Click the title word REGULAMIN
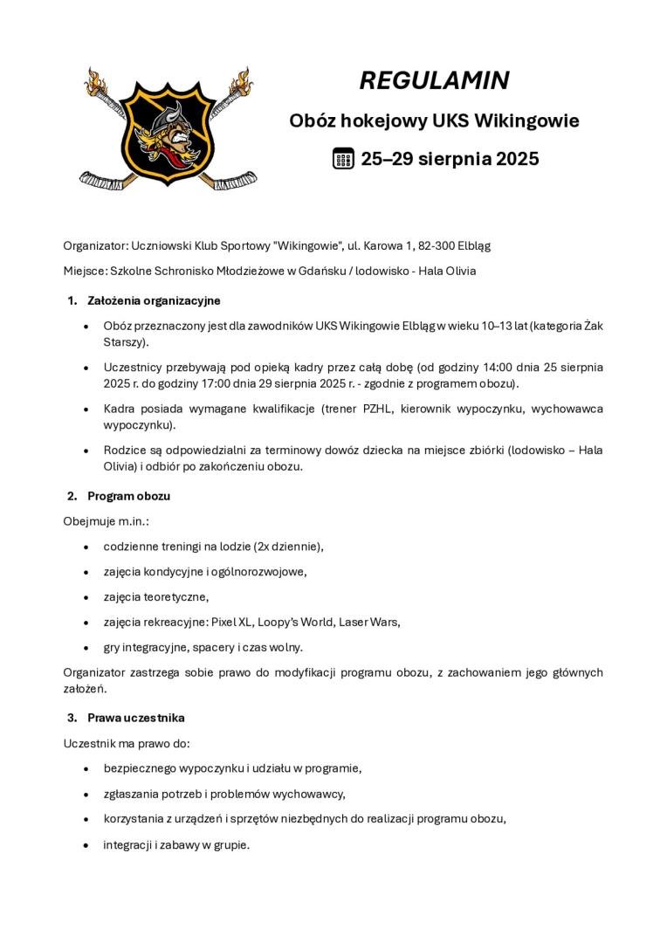434,80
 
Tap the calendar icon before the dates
343,158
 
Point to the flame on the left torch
98,78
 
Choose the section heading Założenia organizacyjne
154,300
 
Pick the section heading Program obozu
128,495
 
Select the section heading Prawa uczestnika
135,717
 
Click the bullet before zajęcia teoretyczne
85,597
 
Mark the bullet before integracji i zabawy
85,845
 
